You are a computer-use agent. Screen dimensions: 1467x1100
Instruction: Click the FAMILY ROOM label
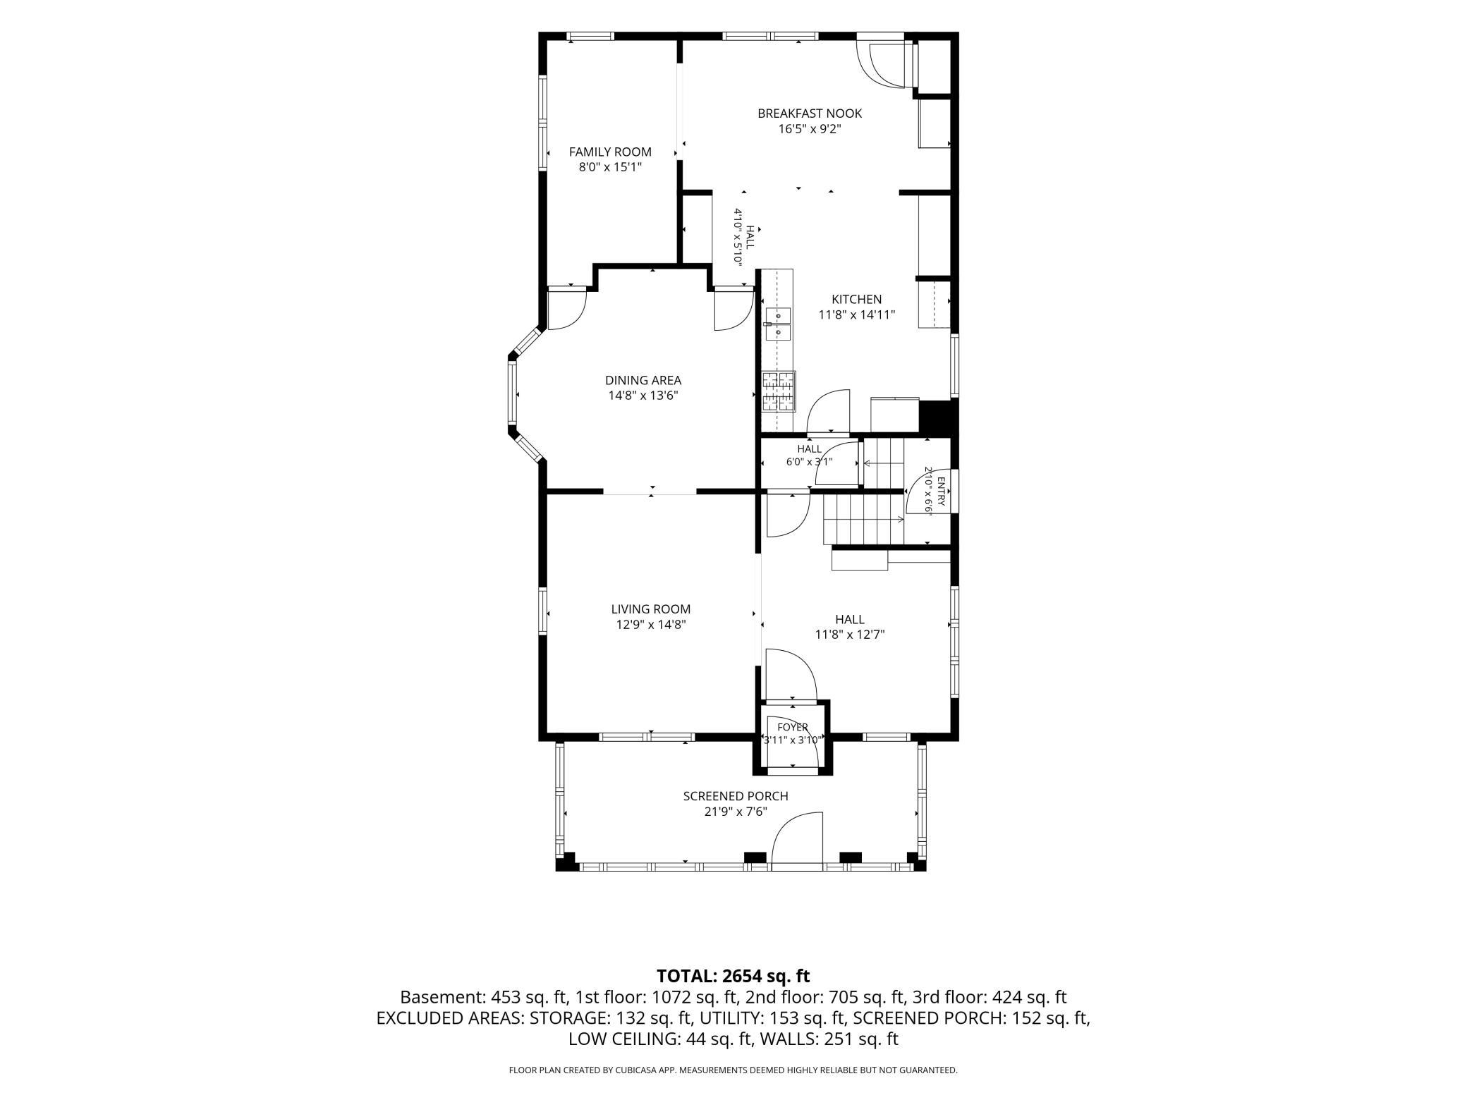tap(610, 152)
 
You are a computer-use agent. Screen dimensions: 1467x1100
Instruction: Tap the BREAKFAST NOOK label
tap(810, 113)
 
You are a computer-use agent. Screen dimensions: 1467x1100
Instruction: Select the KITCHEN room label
tap(856, 299)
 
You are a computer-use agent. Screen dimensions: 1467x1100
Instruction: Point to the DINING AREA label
tap(643, 380)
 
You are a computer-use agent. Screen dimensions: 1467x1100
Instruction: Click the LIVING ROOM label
tap(651, 609)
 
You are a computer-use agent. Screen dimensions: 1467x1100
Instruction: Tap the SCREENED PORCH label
tap(736, 796)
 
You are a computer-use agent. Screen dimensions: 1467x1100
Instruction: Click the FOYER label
tap(793, 727)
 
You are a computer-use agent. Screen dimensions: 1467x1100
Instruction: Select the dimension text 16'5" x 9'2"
tap(810, 129)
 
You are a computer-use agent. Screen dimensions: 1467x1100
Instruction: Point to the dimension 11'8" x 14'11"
tap(856, 315)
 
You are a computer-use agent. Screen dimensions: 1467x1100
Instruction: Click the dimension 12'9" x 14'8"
tap(651, 625)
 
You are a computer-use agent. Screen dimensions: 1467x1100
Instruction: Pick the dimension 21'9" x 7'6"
tap(736, 812)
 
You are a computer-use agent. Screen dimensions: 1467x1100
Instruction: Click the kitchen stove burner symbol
tap(779, 391)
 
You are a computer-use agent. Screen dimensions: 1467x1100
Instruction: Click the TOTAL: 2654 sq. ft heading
tap(733, 976)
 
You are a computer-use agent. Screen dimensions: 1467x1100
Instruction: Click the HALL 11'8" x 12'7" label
tap(850, 627)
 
